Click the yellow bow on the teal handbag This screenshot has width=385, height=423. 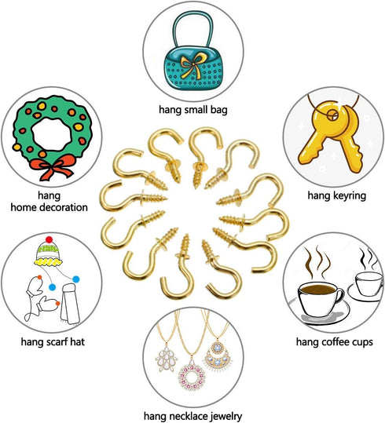click(x=192, y=64)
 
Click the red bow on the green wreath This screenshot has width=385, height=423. click(x=51, y=167)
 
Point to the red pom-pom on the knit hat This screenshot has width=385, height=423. click(x=49, y=239)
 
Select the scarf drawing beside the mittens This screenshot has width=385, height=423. click(x=70, y=304)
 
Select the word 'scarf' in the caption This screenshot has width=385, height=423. click(x=55, y=342)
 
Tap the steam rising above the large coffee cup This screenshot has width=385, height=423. click(x=317, y=261)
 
